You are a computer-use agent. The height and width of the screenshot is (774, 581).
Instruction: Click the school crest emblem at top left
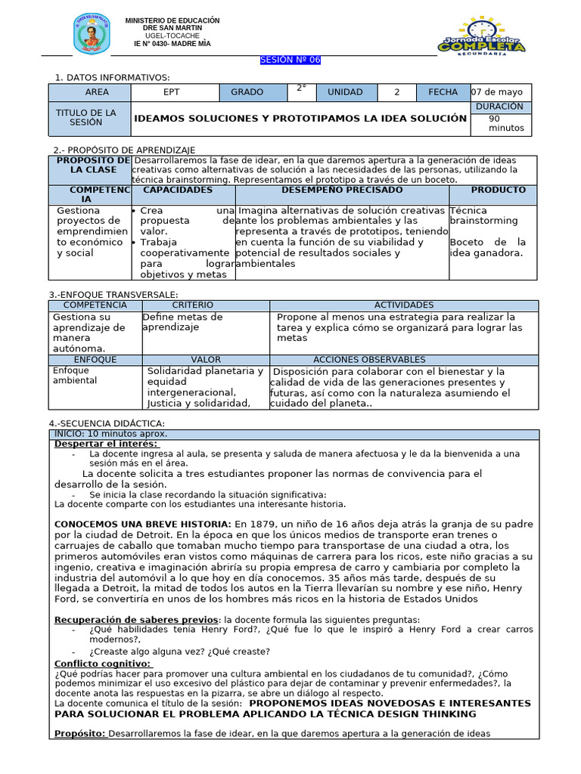[x=92, y=34]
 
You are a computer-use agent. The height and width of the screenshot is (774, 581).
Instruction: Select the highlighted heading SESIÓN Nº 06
[x=290, y=60]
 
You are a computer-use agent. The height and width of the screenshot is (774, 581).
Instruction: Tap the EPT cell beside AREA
[x=172, y=92]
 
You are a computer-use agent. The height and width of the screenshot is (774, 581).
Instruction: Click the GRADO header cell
[x=247, y=92]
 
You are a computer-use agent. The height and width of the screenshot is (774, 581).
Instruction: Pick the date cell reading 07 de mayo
[x=501, y=92]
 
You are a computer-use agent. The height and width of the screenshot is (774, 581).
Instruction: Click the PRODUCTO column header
[x=492, y=190]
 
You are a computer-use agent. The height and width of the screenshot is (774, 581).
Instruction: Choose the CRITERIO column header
[x=193, y=305]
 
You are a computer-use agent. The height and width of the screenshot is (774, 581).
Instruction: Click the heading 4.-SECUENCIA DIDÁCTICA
[x=106, y=423]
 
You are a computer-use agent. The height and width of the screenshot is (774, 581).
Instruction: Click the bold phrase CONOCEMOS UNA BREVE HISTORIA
[x=143, y=524]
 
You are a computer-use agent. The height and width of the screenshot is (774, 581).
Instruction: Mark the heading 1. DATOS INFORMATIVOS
[x=113, y=77]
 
